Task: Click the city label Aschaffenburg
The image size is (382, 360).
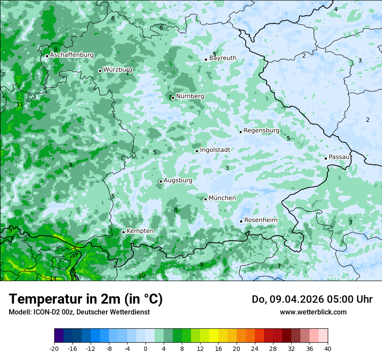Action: [72, 55]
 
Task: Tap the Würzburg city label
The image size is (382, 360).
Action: [118, 70]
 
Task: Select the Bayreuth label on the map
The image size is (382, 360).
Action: [223, 58]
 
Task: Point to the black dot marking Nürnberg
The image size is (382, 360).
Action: [173, 98]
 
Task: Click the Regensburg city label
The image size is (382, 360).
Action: [261, 131]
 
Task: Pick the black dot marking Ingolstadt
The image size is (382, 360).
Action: [197, 151]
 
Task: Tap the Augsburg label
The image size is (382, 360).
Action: [178, 180]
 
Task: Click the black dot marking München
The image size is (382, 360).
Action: [205, 199]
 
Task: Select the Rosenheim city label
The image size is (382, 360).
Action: [260, 220]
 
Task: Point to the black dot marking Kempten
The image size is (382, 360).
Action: [123, 232]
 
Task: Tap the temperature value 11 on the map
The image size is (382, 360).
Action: [20, 105]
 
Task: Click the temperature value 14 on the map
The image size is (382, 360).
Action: [53, 278]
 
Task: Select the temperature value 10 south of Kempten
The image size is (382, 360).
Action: [142, 276]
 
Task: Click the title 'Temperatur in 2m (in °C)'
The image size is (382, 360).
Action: [86, 299]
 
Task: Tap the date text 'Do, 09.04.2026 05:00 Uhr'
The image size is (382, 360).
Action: [312, 299]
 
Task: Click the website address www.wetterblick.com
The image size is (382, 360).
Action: [313, 312]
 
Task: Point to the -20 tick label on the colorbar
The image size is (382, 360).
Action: [54, 349]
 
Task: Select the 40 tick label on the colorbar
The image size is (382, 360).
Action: [328, 349]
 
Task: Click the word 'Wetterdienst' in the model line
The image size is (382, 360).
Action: [132, 312]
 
